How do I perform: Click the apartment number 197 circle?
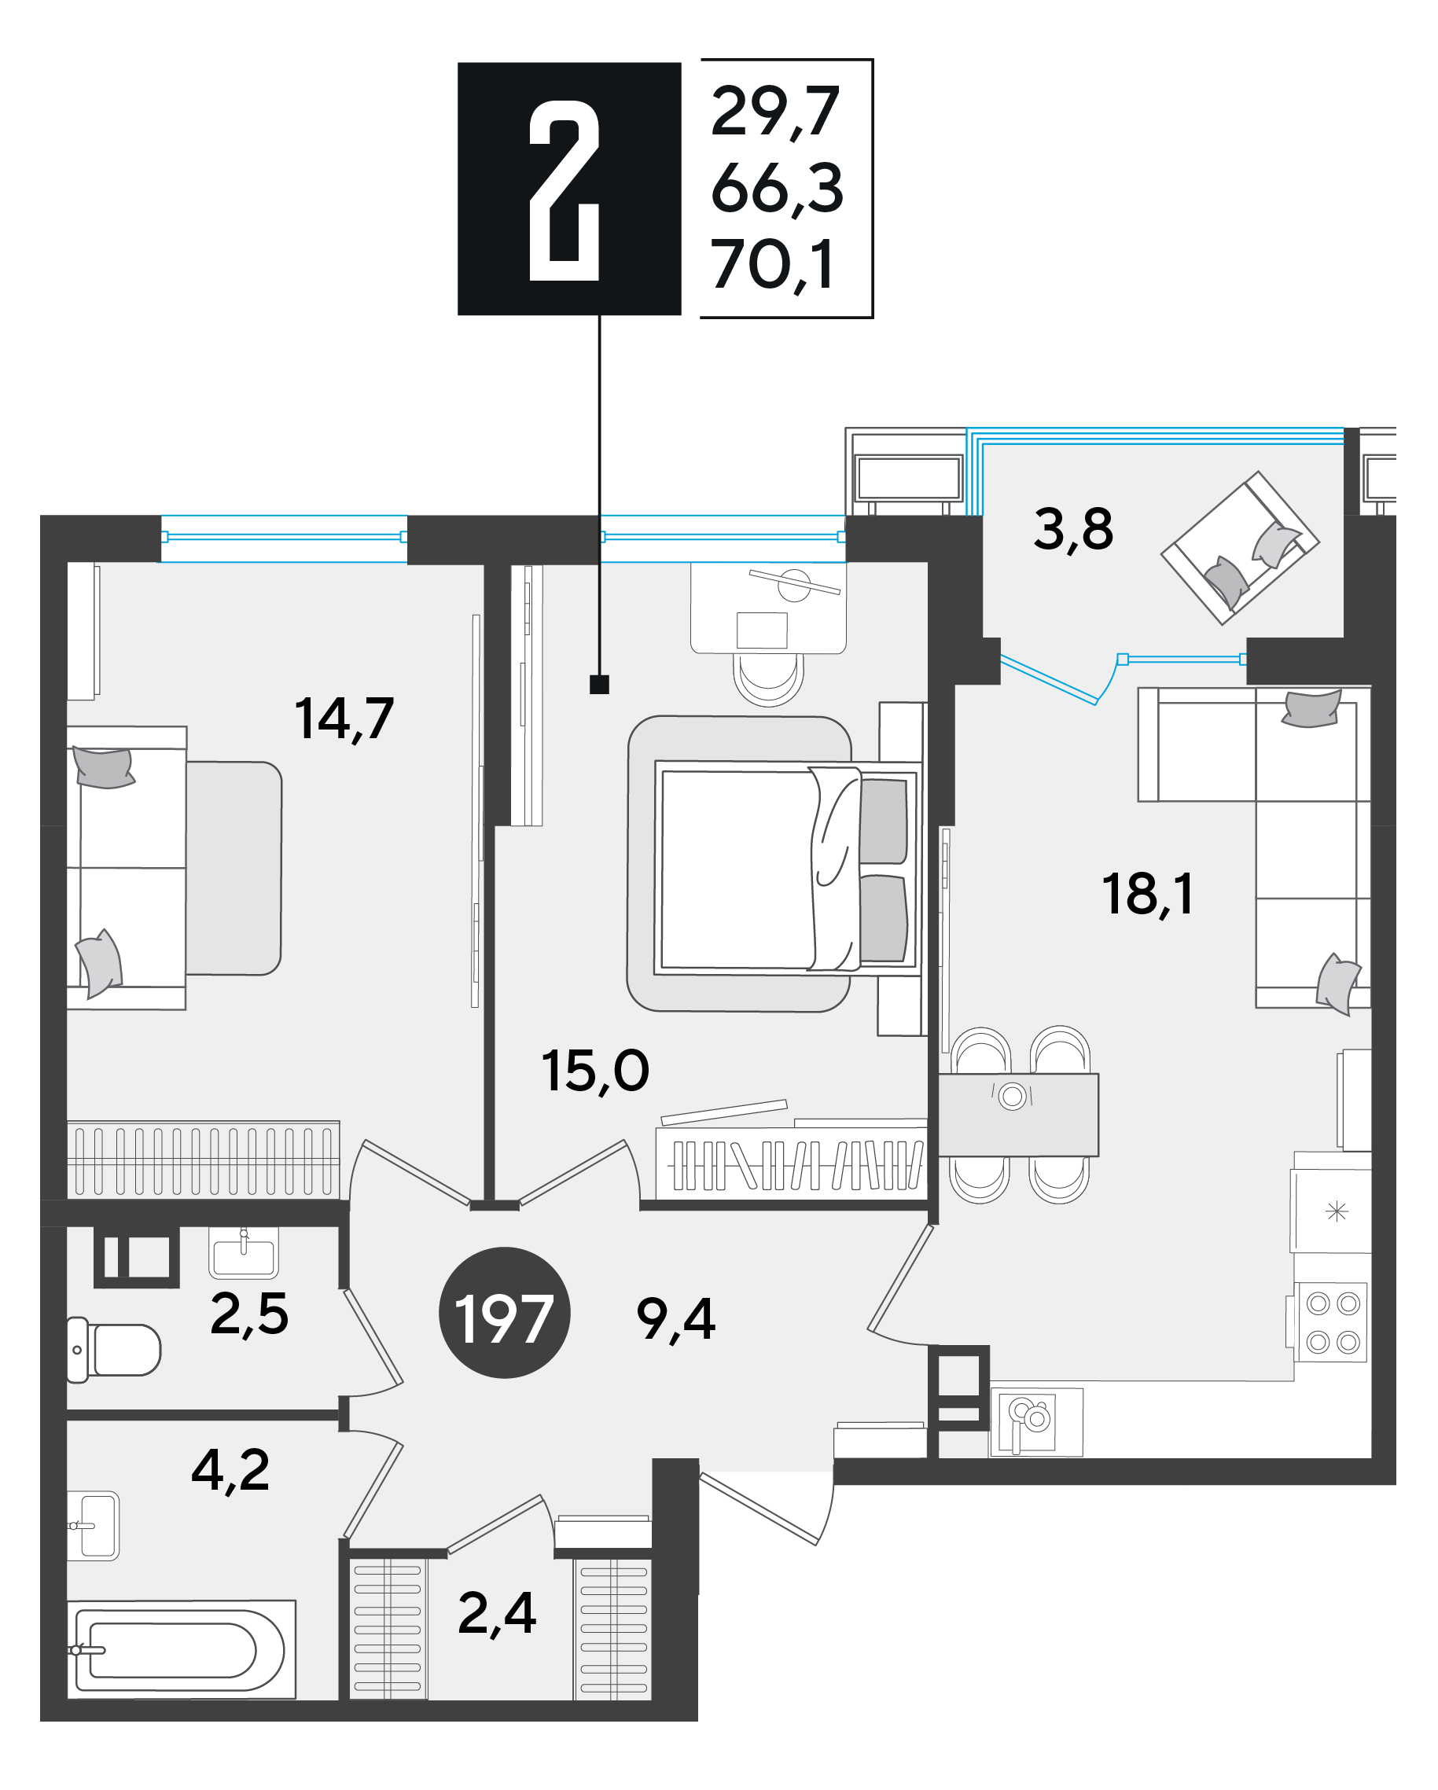[x=504, y=1313]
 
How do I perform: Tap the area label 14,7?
[x=344, y=719]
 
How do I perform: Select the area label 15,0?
[x=594, y=1070]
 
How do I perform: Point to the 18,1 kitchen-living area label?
[x=1147, y=894]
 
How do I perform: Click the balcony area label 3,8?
[x=1072, y=529]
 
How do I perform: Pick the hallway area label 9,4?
[x=676, y=1319]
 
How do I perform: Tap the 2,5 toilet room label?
[x=249, y=1314]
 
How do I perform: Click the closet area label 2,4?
[x=496, y=1613]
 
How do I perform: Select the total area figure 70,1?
[x=772, y=265]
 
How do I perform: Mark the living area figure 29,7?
[x=775, y=112]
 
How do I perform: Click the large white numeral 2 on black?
[x=565, y=190]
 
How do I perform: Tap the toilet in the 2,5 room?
[x=114, y=1350]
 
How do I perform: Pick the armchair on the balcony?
[x=1241, y=549]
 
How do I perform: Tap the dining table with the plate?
[x=1018, y=1115]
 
